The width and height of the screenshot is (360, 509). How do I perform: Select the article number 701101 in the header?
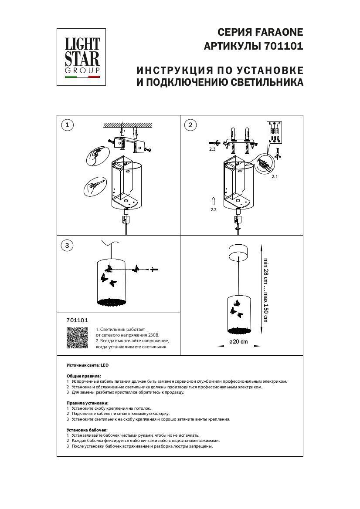[x=284, y=47]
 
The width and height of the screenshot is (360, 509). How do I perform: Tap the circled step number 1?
[x=67, y=125]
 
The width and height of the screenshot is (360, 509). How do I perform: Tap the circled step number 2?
[x=190, y=125]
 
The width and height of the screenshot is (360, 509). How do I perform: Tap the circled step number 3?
[x=67, y=246]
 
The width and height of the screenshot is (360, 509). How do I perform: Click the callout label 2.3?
[x=212, y=149]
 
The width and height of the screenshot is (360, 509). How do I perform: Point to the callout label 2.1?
[x=274, y=177]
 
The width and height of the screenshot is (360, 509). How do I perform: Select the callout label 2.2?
[x=213, y=209]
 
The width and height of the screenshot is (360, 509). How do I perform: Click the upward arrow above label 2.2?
[x=213, y=201]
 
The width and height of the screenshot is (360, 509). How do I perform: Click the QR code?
[x=77, y=338]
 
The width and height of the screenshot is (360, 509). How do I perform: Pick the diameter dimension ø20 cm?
[x=238, y=341]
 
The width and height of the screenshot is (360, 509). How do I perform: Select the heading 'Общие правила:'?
[x=84, y=375]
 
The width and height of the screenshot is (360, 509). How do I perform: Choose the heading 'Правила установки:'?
[x=87, y=403]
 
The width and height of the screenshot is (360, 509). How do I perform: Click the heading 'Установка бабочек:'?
[x=87, y=430]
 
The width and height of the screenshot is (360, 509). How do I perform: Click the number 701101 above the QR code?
[x=77, y=320]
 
